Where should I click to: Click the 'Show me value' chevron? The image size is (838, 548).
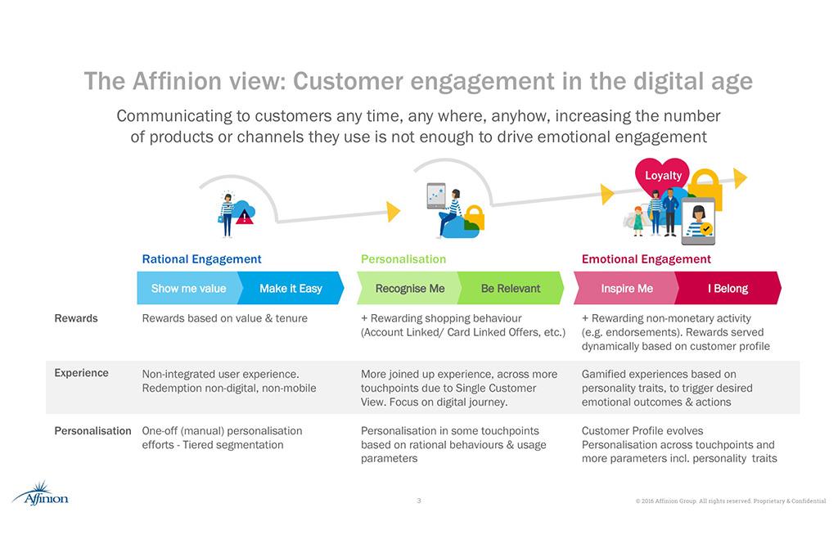(188, 289)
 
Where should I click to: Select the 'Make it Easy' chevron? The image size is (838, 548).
(291, 289)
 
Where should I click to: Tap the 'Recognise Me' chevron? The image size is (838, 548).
(409, 289)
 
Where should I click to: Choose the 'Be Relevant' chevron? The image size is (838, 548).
(511, 289)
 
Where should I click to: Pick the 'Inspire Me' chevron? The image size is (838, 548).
(627, 289)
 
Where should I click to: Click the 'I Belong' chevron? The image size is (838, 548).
(728, 289)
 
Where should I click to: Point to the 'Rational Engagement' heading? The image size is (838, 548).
(201, 259)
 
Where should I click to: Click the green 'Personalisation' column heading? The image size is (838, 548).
(403, 259)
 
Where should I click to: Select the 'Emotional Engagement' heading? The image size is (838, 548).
(646, 259)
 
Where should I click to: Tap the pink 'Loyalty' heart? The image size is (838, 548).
(662, 175)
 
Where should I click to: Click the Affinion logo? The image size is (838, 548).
(40, 494)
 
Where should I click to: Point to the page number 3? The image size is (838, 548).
(419, 501)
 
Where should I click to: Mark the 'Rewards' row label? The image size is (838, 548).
(75, 318)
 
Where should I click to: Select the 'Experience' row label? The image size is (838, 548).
(81, 373)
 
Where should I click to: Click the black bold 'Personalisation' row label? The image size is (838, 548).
(92, 431)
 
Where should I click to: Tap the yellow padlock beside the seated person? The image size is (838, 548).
(474, 218)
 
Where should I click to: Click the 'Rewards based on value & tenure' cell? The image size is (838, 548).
(225, 318)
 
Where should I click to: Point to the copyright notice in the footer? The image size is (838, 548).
(730, 501)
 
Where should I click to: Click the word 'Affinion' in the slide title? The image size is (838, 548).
(177, 82)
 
